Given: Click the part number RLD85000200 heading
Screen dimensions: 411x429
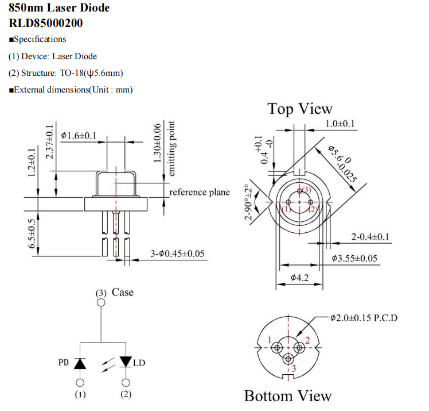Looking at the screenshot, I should pos(46,23).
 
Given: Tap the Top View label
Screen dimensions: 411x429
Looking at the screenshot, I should pos(299,109).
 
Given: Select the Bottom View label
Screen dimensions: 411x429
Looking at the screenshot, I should pos(287,395).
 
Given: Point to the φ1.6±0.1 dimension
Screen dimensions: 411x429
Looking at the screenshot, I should pos(79,136).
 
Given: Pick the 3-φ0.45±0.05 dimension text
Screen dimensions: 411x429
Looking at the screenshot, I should pos(178,253).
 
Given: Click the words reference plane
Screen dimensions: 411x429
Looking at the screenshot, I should pos(199,192).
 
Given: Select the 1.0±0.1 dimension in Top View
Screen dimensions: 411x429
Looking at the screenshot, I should pos(340,124).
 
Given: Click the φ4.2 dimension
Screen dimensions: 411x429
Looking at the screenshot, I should pos(300,278).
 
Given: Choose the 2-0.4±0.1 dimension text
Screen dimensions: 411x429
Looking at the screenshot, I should pos(373,236).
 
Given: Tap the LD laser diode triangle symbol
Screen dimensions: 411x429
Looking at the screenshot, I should pos(126,362).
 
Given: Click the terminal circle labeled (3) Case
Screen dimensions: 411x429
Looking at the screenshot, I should pos(101,302).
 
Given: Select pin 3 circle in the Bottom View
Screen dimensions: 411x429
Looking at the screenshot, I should pos(287,359).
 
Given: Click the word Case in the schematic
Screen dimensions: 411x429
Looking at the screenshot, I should pos(122,293).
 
